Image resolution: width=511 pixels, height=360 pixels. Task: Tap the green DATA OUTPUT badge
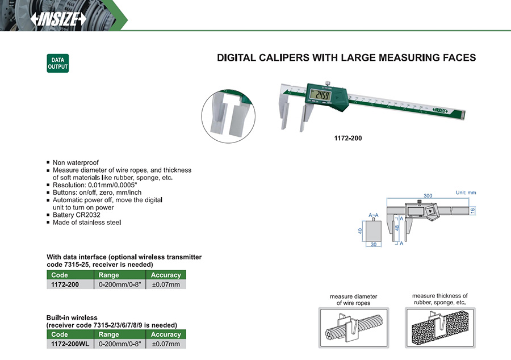(57, 63)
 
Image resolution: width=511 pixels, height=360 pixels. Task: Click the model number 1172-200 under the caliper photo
(348, 138)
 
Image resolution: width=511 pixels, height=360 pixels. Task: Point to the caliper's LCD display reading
(324, 95)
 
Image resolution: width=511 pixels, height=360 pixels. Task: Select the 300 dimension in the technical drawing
(420, 195)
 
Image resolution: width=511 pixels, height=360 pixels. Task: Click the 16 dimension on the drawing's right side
(472, 210)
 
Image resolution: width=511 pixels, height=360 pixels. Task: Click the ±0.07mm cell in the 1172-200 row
(166, 284)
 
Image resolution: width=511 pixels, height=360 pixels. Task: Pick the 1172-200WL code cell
(70, 344)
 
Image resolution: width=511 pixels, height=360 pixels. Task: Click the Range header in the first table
(109, 275)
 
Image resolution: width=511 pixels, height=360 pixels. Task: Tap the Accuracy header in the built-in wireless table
(166, 335)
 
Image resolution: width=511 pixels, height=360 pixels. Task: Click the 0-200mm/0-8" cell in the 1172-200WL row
(119, 344)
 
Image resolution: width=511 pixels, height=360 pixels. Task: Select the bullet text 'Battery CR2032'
(78, 215)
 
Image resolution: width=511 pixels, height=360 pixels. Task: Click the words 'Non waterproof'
(76, 162)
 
